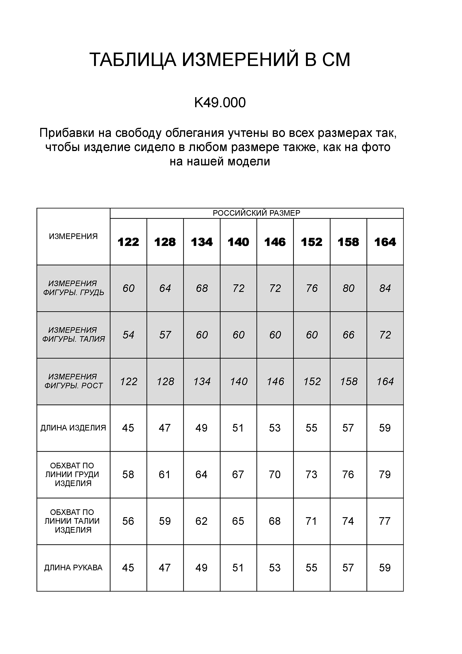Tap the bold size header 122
[x=128, y=242]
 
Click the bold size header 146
[x=275, y=242]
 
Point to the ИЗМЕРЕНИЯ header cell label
[x=73, y=236]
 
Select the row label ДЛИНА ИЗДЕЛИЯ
[x=73, y=428]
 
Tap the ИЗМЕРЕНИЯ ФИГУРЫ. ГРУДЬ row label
[x=73, y=288]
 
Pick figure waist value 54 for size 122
[x=128, y=335]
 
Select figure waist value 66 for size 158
[x=348, y=335]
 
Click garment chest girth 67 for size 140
[x=238, y=474]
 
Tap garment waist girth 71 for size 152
[x=312, y=521]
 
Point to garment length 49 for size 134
[x=201, y=428]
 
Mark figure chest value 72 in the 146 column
[x=275, y=288]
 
